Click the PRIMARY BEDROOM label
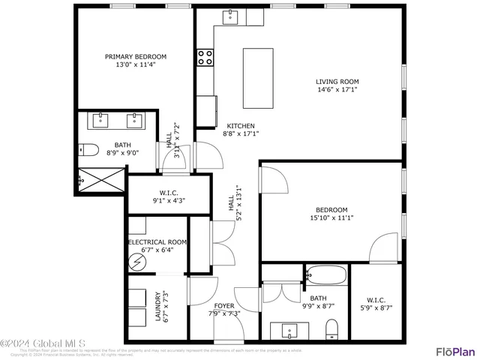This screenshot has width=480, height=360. point(136,57)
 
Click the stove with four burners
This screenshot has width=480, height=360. point(205,58)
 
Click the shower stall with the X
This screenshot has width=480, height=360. point(101,180)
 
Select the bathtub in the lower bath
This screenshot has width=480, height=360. point(324,276)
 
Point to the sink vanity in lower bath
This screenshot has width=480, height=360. point(289,330)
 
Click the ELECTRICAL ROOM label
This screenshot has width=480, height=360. point(157,242)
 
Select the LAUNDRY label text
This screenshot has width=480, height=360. point(158,307)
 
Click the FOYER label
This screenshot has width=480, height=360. point(224,306)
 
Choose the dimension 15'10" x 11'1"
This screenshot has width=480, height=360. point(331,218)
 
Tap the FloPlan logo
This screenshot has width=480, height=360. point(455,350)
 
